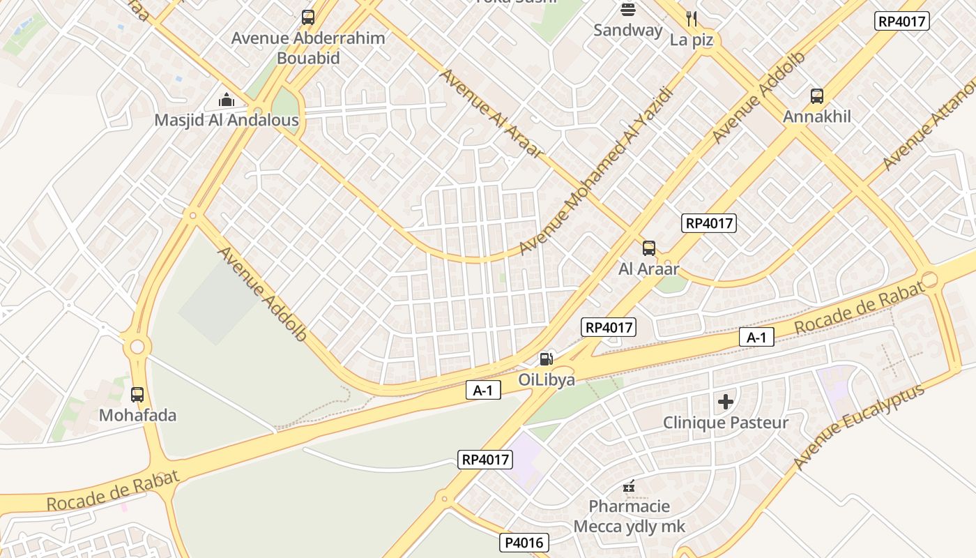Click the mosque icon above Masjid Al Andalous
click(x=227, y=100)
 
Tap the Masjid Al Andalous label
click(x=227, y=120)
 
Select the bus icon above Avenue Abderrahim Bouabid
click(x=308, y=17)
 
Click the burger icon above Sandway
click(x=628, y=10)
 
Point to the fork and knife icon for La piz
click(x=692, y=19)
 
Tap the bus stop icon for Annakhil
click(x=817, y=96)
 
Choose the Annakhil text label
click(x=817, y=116)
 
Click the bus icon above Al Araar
click(x=649, y=248)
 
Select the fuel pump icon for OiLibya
click(x=547, y=359)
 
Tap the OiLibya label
click(x=547, y=379)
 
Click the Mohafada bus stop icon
click(x=137, y=395)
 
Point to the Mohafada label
click(x=137, y=416)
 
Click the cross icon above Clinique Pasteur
click(x=726, y=402)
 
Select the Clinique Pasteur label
click(x=726, y=423)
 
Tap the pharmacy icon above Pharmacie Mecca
click(x=629, y=485)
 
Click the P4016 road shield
click(x=524, y=543)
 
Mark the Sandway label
click(x=628, y=30)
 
